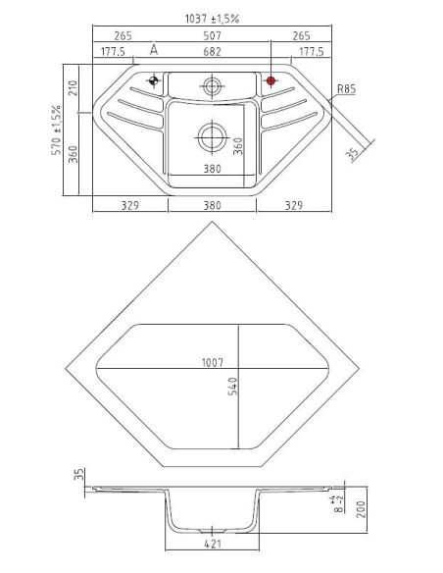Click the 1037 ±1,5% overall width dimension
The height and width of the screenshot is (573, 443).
click(x=212, y=19)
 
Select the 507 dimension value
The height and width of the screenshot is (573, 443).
click(x=212, y=35)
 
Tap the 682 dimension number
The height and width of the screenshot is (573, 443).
click(x=212, y=52)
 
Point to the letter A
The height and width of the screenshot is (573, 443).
click(x=154, y=50)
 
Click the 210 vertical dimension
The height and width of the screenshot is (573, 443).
click(x=73, y=88)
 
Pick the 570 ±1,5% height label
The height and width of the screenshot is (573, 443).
click(x=57, y=130)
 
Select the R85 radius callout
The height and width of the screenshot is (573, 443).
click(x=346, y=89)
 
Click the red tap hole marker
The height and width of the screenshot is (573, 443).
click(x=271, y=80)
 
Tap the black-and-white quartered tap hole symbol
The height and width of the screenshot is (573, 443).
click(x=154, y=80)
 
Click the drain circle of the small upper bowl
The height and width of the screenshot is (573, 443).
click(x=212, y=86)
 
